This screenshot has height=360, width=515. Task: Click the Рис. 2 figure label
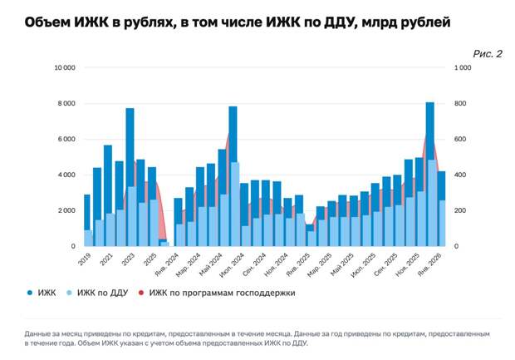488,54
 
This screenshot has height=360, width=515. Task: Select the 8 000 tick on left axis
66,104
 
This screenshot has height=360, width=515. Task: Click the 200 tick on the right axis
459,211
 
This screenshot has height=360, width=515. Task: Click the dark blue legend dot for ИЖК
30,293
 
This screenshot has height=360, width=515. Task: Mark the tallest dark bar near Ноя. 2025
430,133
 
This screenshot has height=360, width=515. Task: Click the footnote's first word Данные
41,334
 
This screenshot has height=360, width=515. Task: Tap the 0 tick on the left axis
73,246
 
